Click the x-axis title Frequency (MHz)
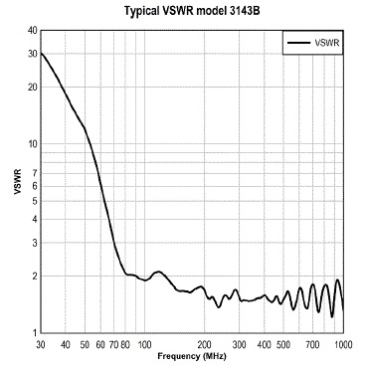click(191, 355)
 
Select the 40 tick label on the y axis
click(32, 30)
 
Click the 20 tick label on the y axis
click(32, 87)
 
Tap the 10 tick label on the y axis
click(32, 143)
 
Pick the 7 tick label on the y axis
click(34, 173)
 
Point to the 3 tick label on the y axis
click(34, 243)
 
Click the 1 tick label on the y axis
click(34, 332)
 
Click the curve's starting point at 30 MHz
click(41, 53)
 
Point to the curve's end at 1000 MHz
click(343, 310)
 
